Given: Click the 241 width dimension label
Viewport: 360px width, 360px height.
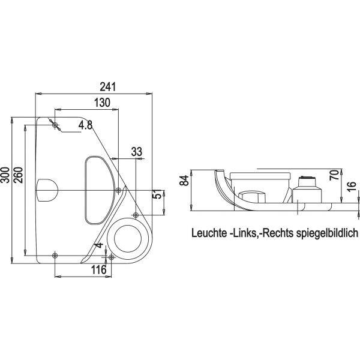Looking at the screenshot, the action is [x=108, y=87].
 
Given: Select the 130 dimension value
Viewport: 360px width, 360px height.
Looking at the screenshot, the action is [x=102, y=103].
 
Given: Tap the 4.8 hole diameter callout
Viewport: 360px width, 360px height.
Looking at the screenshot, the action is [x=85, y=125].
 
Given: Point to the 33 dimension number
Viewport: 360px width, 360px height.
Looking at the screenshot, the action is [x=137, y=152].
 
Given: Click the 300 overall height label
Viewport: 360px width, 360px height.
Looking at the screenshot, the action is [x=5, y=175].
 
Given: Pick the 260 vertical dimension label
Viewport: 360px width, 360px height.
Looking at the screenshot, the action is [x=19, y=175].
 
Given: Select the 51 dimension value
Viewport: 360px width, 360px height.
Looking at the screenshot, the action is [x=157, y=194].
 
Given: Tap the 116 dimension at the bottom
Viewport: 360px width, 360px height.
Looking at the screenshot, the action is [x=99, y=270].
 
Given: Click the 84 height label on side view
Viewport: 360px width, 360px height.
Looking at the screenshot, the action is [x=184, y=181].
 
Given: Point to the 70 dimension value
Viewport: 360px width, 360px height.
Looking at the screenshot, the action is [x=334, y=175].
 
